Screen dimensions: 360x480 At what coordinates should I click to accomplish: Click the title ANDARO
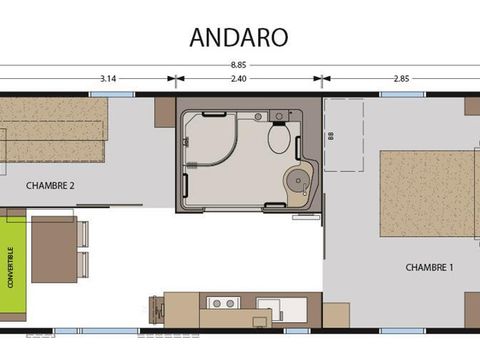click(239, 37)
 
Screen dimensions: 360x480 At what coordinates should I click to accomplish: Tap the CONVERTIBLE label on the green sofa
click(11, 267)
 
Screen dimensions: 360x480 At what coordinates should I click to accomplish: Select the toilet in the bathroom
click(279, 138)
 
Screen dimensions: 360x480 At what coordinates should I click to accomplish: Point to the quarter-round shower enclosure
click(212, 150)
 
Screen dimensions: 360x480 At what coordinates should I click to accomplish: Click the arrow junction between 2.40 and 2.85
click(322, 78)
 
